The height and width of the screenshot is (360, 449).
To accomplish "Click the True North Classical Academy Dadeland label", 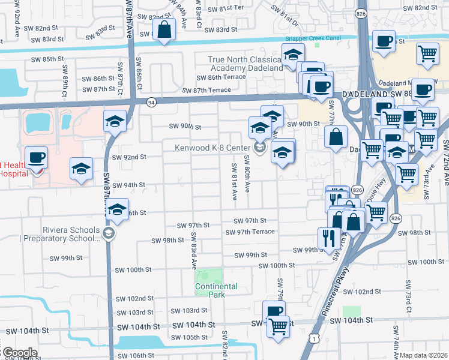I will tap(245, 64).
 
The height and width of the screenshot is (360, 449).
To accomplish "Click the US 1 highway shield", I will tap(314, 338).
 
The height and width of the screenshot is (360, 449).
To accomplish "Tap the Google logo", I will tap(19, 353).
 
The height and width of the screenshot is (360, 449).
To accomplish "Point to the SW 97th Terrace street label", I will tap(250, 232).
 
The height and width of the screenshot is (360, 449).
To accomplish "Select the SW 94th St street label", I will tap(128, 185).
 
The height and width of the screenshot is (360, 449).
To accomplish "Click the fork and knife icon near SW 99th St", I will tap(328, 238).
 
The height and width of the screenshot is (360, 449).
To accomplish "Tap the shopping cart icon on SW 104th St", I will tap(278, 328).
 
